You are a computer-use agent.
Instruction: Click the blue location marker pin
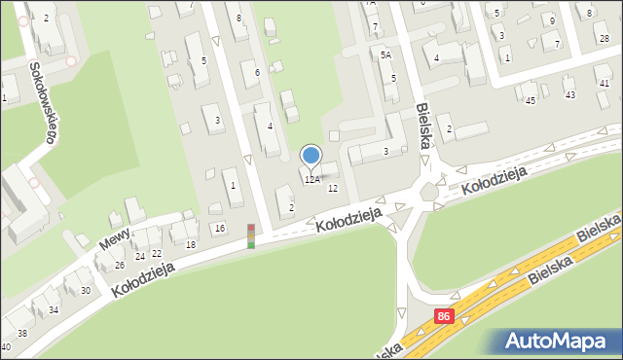(x=311, y=156)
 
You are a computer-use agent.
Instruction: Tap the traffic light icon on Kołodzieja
(x=251, y=235)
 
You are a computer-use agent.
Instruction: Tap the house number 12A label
(x=311, y=180)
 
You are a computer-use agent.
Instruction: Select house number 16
(x=220, y=228)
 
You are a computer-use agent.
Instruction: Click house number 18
(x=191, y=245)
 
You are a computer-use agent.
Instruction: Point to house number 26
(x=119, y=265)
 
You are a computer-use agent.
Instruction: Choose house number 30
(x=85, y=291)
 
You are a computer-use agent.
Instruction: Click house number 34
(x=54, y=310)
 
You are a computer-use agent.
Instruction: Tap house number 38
(x=22, y=333)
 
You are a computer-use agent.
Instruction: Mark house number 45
(x=530, y=100)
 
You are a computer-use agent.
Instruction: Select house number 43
(x=570, y=94)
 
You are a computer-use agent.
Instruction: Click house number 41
(x=605, y=84)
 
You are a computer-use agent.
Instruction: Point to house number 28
(x=605, y=38)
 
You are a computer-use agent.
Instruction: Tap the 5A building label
(x=385, y=55)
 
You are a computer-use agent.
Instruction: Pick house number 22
(x=156, y=253)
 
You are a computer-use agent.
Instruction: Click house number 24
(x=140, y=256)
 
